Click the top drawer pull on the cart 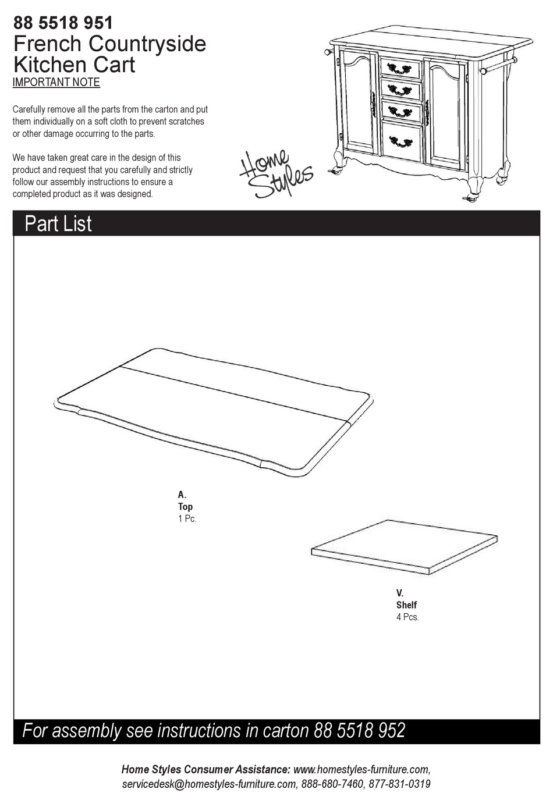tap(399, 69)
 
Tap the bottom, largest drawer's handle tap(400, 141)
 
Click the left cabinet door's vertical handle tap(373, 105)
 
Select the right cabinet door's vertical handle tap(427, 112)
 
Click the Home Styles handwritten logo tap(276, 173)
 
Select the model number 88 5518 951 tap(63, 23)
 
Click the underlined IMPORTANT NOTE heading tap(56, 83)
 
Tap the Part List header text tap(58, 224)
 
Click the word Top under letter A tap(185, 507)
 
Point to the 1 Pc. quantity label tap(187, 518)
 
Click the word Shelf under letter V tap(406, 605)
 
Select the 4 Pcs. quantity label tap(407, 617)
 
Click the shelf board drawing tap(404, 546)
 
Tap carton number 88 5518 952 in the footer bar tap(359, 731)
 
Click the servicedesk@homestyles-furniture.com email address tap(209, 784)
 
